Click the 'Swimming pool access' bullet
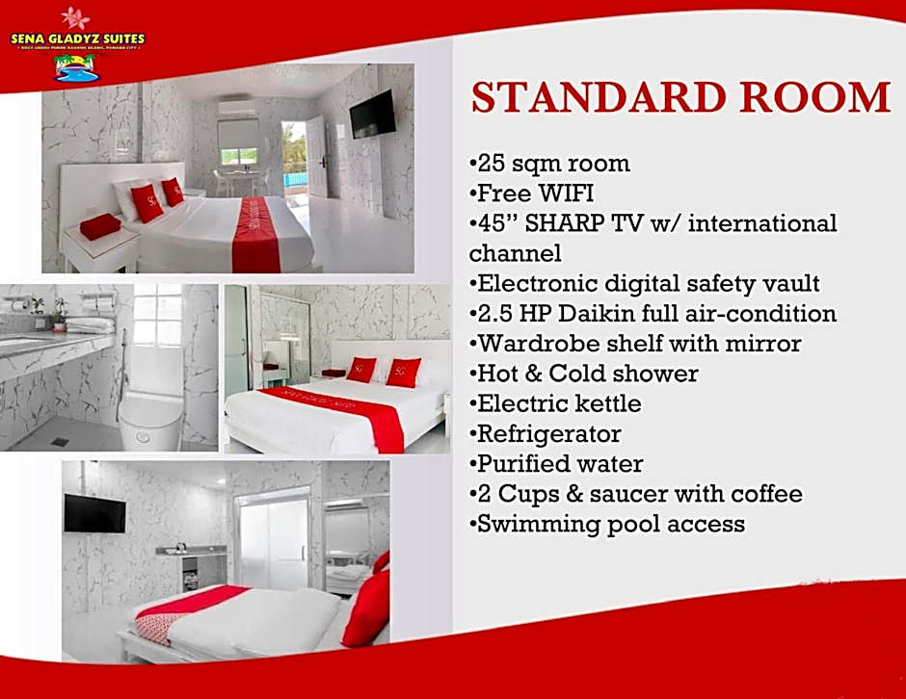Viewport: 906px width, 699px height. click(611, 524)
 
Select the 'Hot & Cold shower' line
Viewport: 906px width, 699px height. click(588, 374)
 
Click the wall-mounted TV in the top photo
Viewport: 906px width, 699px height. click(372, 113)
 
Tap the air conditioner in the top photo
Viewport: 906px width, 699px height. click(236, 108)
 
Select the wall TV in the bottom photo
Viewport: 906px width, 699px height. click(94, 513)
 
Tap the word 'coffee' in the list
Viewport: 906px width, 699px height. click(765, 494)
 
